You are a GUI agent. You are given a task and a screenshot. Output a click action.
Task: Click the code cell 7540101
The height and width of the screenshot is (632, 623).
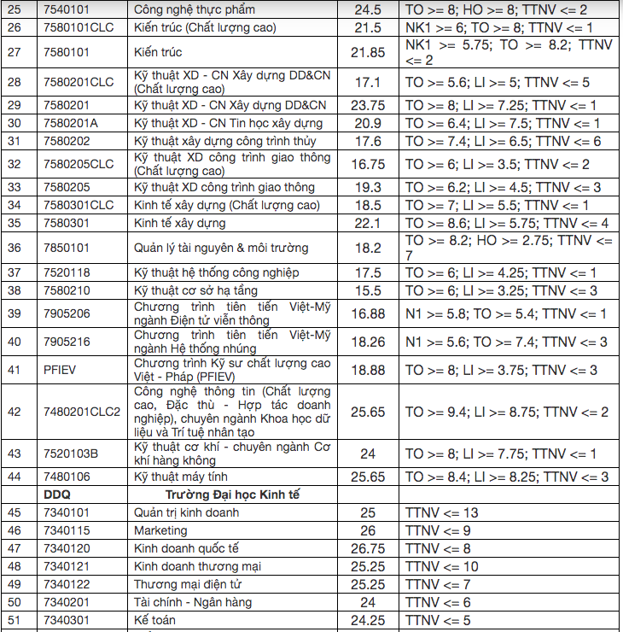(x=69, y=9)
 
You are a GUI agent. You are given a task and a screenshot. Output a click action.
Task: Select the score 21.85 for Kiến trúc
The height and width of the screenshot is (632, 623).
(x=368, y=53)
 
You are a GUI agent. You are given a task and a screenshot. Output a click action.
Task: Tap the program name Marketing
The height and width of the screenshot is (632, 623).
(x=160, y=530)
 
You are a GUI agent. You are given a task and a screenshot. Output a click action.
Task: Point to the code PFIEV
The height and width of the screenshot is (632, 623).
(x=61, y=370)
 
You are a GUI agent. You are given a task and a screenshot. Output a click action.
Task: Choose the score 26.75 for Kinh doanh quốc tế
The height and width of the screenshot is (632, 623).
(x=368, y=548)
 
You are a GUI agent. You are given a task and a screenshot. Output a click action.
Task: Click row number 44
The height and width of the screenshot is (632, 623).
(x=15, y=477)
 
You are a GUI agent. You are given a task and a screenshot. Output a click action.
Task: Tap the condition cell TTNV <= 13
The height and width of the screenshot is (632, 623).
(x=442, y=512)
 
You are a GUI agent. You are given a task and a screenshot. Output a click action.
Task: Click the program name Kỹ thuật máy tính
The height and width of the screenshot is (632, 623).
(x=181, y=477)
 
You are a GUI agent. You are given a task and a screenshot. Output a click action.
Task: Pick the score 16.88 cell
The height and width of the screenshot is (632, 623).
(x=368, y=313)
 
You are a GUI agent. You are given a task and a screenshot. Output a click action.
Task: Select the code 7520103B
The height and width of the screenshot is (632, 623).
(x=71, y=454)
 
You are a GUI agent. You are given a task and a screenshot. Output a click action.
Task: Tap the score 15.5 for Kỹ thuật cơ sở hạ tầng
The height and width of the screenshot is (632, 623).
(x=368, y=290)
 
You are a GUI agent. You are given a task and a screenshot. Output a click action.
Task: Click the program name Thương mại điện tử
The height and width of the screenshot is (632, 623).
(x=189, y=584)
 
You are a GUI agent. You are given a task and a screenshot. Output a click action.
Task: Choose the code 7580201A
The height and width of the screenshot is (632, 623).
(x=71, y=123)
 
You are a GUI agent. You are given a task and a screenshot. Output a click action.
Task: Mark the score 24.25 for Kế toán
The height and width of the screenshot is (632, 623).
(x=368, y=620)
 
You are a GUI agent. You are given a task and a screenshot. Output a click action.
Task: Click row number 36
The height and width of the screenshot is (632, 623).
(x=15, y=248)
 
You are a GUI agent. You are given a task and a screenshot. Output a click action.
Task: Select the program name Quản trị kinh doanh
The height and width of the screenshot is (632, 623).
(x=186, y=512)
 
